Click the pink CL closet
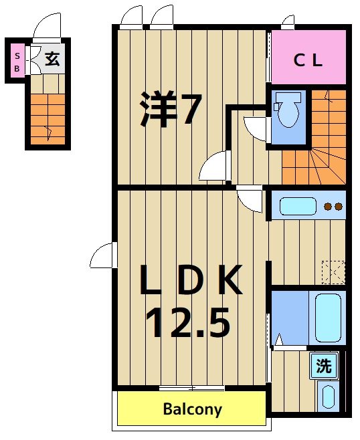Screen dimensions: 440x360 click(308, 60)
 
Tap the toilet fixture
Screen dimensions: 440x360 click(288, 110)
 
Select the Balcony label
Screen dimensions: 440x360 click(193, 409)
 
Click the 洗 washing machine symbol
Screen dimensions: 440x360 click(324, 366)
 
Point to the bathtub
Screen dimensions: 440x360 click(329, 318)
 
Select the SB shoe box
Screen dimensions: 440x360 click(17, 62)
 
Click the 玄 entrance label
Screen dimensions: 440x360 click(52, 59)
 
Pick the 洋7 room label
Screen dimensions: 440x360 click(170, 111)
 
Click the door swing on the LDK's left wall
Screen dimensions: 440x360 click(102, 256)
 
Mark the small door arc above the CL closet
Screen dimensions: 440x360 click(288, 22)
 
